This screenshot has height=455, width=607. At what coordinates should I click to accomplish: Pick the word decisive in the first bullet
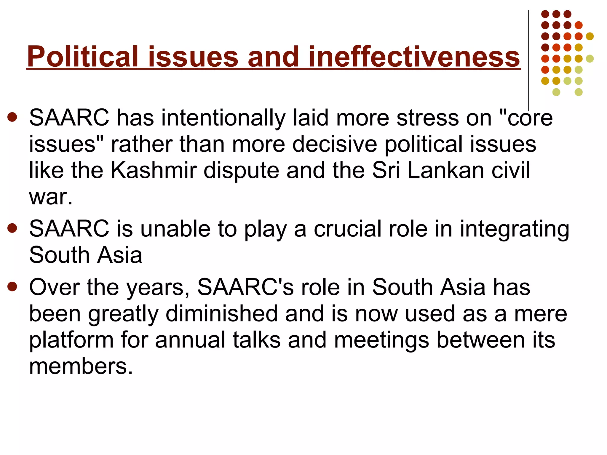point(335,144)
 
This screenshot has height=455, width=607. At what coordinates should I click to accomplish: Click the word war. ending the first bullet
point(51,197)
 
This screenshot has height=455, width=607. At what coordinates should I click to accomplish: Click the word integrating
point(514,230)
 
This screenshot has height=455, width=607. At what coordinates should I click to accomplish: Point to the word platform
point(71,340)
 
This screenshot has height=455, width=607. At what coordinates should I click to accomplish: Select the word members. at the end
point(81,366)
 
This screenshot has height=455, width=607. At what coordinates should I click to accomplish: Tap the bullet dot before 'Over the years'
point(12,286)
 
